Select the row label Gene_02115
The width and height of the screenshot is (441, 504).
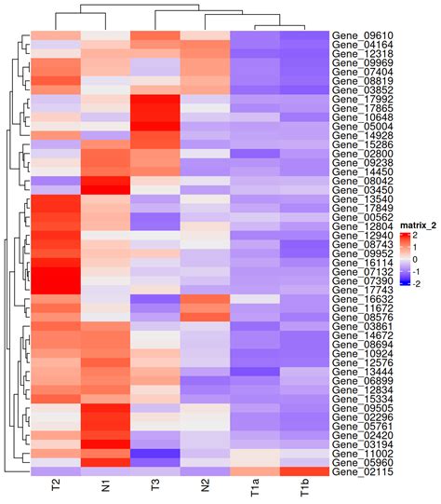(357, 472)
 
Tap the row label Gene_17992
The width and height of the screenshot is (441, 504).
(357, 103)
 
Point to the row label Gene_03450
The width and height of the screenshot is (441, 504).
(357, 190)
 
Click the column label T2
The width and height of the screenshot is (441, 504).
(56, 489)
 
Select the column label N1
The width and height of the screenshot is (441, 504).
(106, 489)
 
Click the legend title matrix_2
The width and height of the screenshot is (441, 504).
(412, 226)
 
